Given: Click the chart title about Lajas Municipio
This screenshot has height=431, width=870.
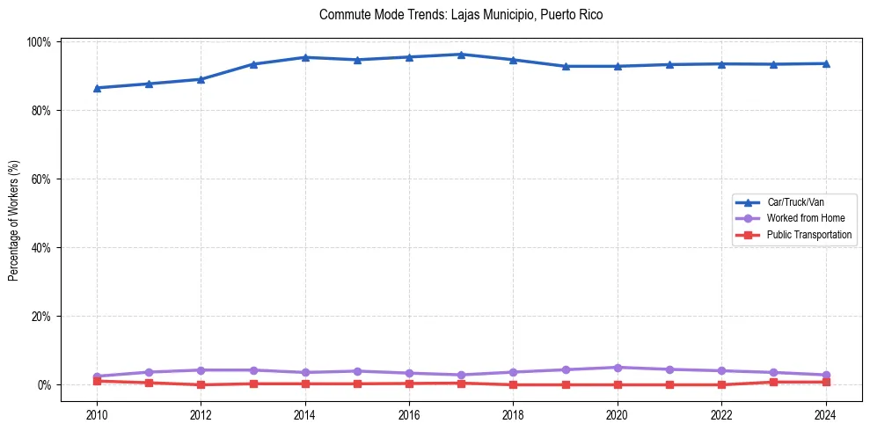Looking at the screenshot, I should (x=461, y=15).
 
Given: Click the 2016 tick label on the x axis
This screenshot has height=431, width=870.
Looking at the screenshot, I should (x=409, y=414).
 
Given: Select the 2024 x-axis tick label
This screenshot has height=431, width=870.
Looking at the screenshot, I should (x=825, y=414).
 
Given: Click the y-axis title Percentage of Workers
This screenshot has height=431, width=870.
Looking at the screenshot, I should (x=14, y=220).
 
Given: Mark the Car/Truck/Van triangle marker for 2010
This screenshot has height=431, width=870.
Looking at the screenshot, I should (x=97, y=88).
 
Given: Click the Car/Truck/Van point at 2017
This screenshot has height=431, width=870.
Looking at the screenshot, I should (x=461, y=55).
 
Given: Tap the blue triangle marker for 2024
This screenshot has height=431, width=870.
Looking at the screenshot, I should (x=825, y=63).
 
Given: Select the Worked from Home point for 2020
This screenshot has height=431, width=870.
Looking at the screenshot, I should (x=617, y=368).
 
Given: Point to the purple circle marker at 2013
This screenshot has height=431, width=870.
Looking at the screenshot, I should (x=253, y=370).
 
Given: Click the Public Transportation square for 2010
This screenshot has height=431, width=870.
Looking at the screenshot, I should (x=97, y=381).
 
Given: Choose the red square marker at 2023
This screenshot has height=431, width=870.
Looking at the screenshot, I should (x=773, y=382).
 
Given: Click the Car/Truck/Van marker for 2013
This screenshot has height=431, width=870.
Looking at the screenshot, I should (x=253, y=64).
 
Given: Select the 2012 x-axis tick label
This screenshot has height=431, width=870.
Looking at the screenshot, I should (x=201, y=414).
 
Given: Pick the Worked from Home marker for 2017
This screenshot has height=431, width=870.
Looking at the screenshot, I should (x=461, y=375).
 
